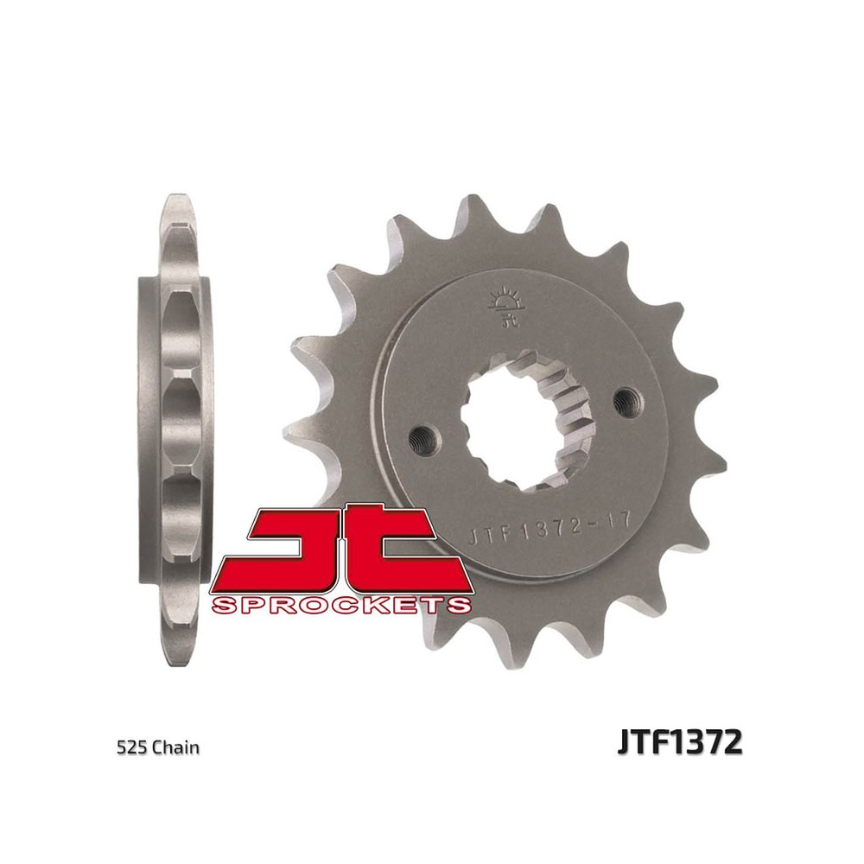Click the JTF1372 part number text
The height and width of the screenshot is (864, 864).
[x=680, y=742]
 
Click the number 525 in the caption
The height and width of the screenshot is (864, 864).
[x=131, y=747]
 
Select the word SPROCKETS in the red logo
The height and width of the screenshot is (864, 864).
[x=341, y=605]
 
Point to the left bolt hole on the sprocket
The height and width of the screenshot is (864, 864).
[x=423, y=439]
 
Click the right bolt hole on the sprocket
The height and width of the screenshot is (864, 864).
[x=626, y=399]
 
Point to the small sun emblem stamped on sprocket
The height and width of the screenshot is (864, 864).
[x=505, y=306]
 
